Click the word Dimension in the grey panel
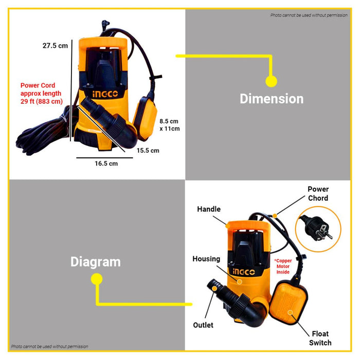[x=272, y=99]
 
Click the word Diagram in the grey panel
[x=95, y=262]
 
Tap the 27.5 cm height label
[x=55, y=45]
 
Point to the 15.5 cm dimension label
[x=148, y=150]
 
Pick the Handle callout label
[x=209, y=209]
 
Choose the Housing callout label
[x=206, y=259]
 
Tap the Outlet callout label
[x=203, y=325]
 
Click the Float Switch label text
[x=320, y=338]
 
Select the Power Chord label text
[x=318, y=193]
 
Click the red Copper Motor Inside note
[x=283, y=266]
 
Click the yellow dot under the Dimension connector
[x=271, y=81]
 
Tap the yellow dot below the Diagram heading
[x=96, y=279]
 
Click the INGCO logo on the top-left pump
[x=105, y=94]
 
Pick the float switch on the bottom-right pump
[x=289, y=306]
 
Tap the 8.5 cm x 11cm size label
[x=169, y=124]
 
